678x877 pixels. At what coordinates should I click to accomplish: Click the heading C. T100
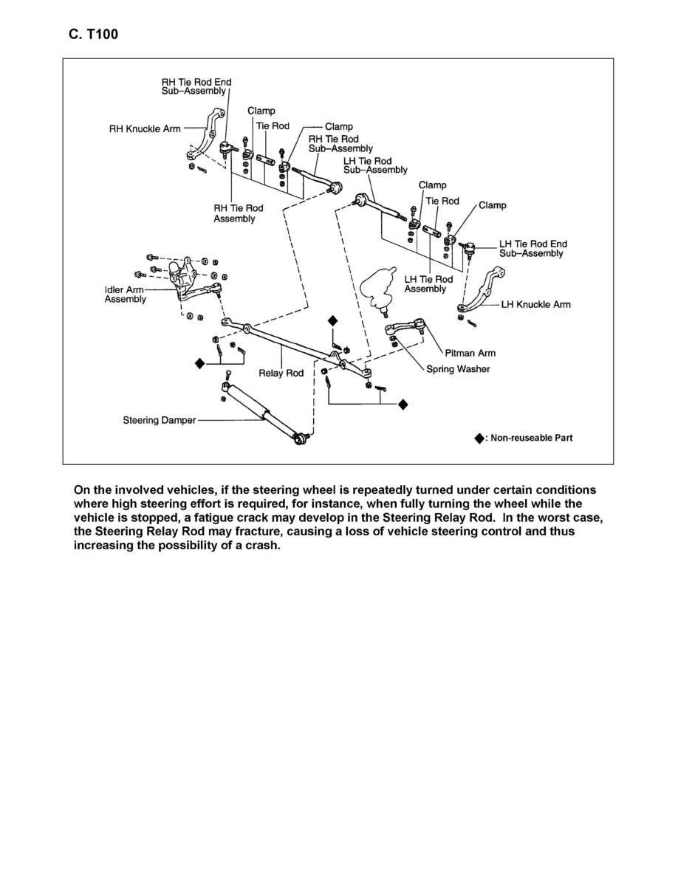click(92, 34)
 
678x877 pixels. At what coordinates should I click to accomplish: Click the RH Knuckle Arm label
click(145, 128)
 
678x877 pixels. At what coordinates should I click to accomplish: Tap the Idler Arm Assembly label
click(125, 295)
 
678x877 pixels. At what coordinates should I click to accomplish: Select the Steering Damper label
click(160, 421)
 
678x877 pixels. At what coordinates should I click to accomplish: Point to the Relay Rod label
click(281, 374)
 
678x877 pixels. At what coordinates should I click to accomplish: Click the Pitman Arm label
click(470, 354)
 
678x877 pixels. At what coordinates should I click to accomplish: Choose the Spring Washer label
click(458, 369)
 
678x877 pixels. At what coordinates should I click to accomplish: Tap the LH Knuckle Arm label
click(535, 304)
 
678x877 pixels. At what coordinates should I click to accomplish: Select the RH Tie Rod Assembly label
click(238, 213)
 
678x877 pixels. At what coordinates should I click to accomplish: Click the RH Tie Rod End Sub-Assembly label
click(196, 86)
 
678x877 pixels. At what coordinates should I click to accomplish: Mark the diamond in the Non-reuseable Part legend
click(479, 438)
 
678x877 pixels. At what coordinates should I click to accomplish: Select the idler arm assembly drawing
click(188, 284)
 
